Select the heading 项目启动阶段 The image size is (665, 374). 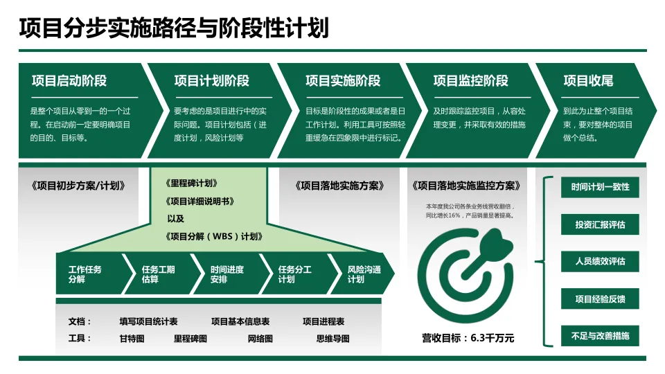(69, 81)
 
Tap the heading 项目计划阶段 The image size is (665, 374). (212, 81)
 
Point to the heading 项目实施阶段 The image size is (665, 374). (343, 81)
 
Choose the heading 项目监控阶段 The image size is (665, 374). (471, 81)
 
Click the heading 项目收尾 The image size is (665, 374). (588, 81)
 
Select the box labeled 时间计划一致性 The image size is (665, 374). (600, 188)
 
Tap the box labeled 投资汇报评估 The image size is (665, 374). (600, 224)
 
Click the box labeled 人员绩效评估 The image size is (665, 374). (600, 262)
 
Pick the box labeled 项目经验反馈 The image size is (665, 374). (600, 299)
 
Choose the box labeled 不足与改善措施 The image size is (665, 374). (600, 336)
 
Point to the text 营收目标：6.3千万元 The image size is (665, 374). (468, 338)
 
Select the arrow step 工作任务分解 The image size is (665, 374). (87, 274)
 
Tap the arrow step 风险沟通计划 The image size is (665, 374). (364, 274)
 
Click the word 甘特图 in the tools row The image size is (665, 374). (132, 339)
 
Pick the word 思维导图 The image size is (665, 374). (333, 339)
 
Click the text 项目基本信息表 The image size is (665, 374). (240, 321)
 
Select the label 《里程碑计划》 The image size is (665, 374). (193, 184)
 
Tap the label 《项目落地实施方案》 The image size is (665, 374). (341, 186)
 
